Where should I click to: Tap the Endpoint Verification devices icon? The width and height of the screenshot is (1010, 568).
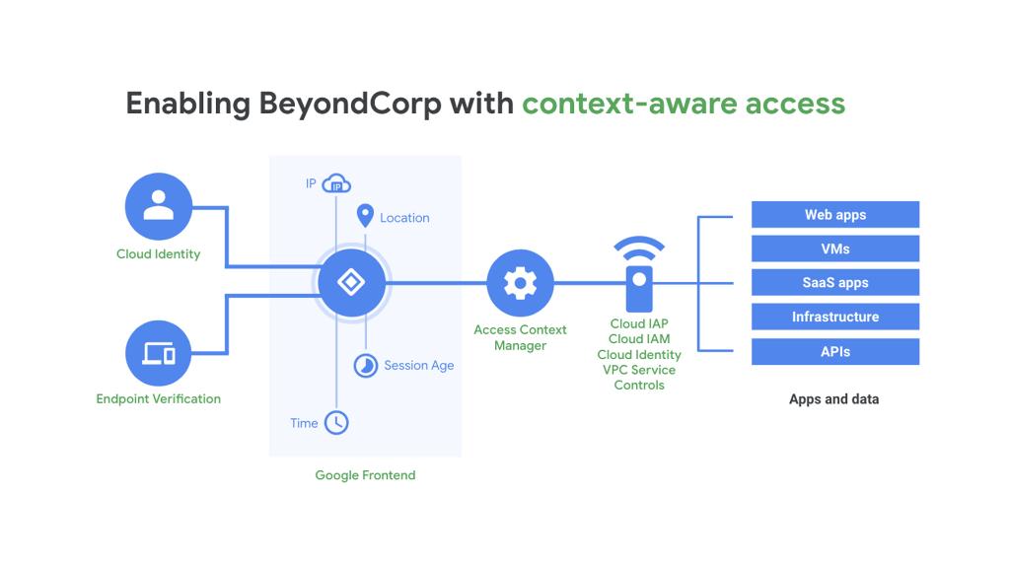click(158, 353)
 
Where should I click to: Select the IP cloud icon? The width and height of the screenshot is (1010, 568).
click(337, 184)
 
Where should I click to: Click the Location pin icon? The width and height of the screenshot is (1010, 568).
click(365, 216)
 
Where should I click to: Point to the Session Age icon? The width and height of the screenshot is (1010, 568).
click(366, 365)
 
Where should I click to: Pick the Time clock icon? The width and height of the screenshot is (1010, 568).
click(336, 422)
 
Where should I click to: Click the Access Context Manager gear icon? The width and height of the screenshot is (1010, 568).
click(520, 283)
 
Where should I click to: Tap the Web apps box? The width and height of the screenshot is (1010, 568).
click(834, 215)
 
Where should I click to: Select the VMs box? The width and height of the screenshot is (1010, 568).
click(834, 248)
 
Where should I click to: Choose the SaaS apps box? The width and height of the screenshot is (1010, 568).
click(834, 283)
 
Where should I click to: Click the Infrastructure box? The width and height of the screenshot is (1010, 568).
click(834, 317)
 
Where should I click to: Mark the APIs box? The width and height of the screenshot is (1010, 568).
click(834, 351)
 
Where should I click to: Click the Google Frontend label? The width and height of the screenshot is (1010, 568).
click(365, 475)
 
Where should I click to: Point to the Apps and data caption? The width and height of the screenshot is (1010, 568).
click(833, 399)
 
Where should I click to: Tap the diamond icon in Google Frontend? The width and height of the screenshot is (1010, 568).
click(351, 283)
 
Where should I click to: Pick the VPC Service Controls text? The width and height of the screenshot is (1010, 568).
click(639, 378)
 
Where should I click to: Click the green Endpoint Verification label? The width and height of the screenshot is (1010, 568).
click(158, 399)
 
